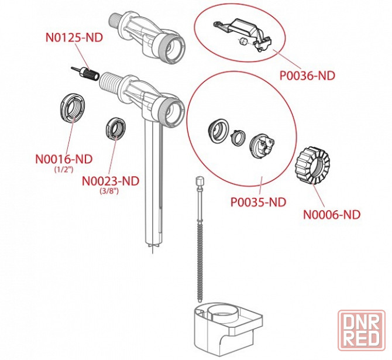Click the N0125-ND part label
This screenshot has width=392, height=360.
[x=74, y=37]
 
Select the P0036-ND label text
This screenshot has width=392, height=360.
[x=308, y=76]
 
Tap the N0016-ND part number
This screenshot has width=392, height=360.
[x=64, y=159]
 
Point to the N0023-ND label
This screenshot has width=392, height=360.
[x=111, y=180]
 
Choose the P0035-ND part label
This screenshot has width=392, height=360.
[x=258, y=202]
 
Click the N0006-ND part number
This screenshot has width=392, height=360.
[x=332, y=214]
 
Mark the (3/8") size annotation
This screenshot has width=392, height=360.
[x=109, y=191]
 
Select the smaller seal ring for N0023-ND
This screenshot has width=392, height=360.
[x=116, y=129]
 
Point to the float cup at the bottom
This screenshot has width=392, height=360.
[x=225, y=328]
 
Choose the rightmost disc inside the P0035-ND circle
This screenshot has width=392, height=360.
[x=262, y=145]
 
